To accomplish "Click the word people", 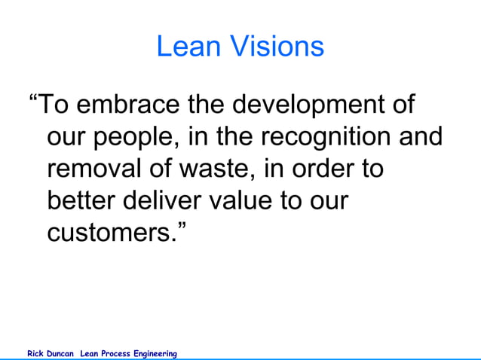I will (142, 137).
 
